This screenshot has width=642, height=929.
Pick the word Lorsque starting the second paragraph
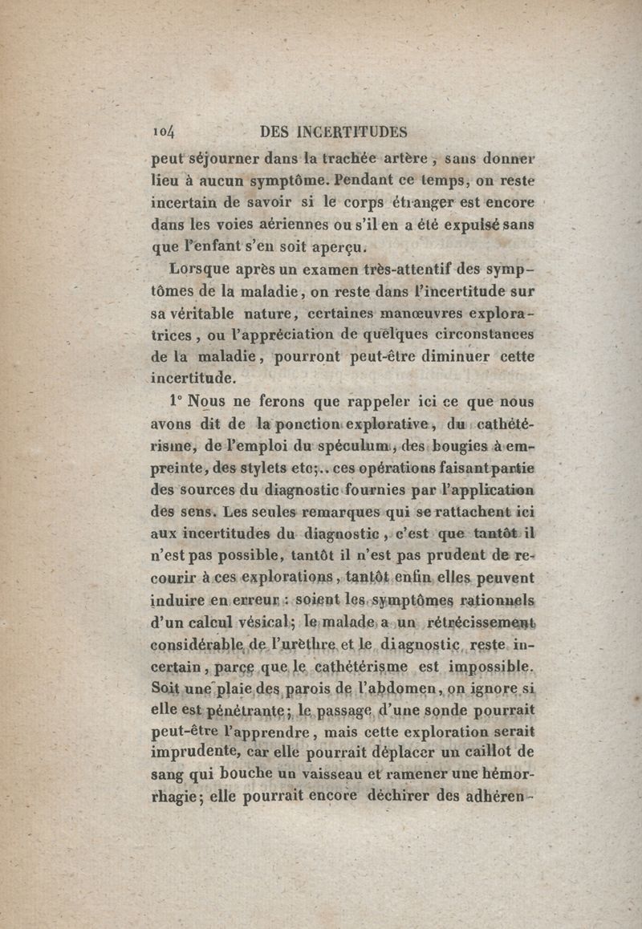(197, 271)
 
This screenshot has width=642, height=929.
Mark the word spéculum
(332, 446)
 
